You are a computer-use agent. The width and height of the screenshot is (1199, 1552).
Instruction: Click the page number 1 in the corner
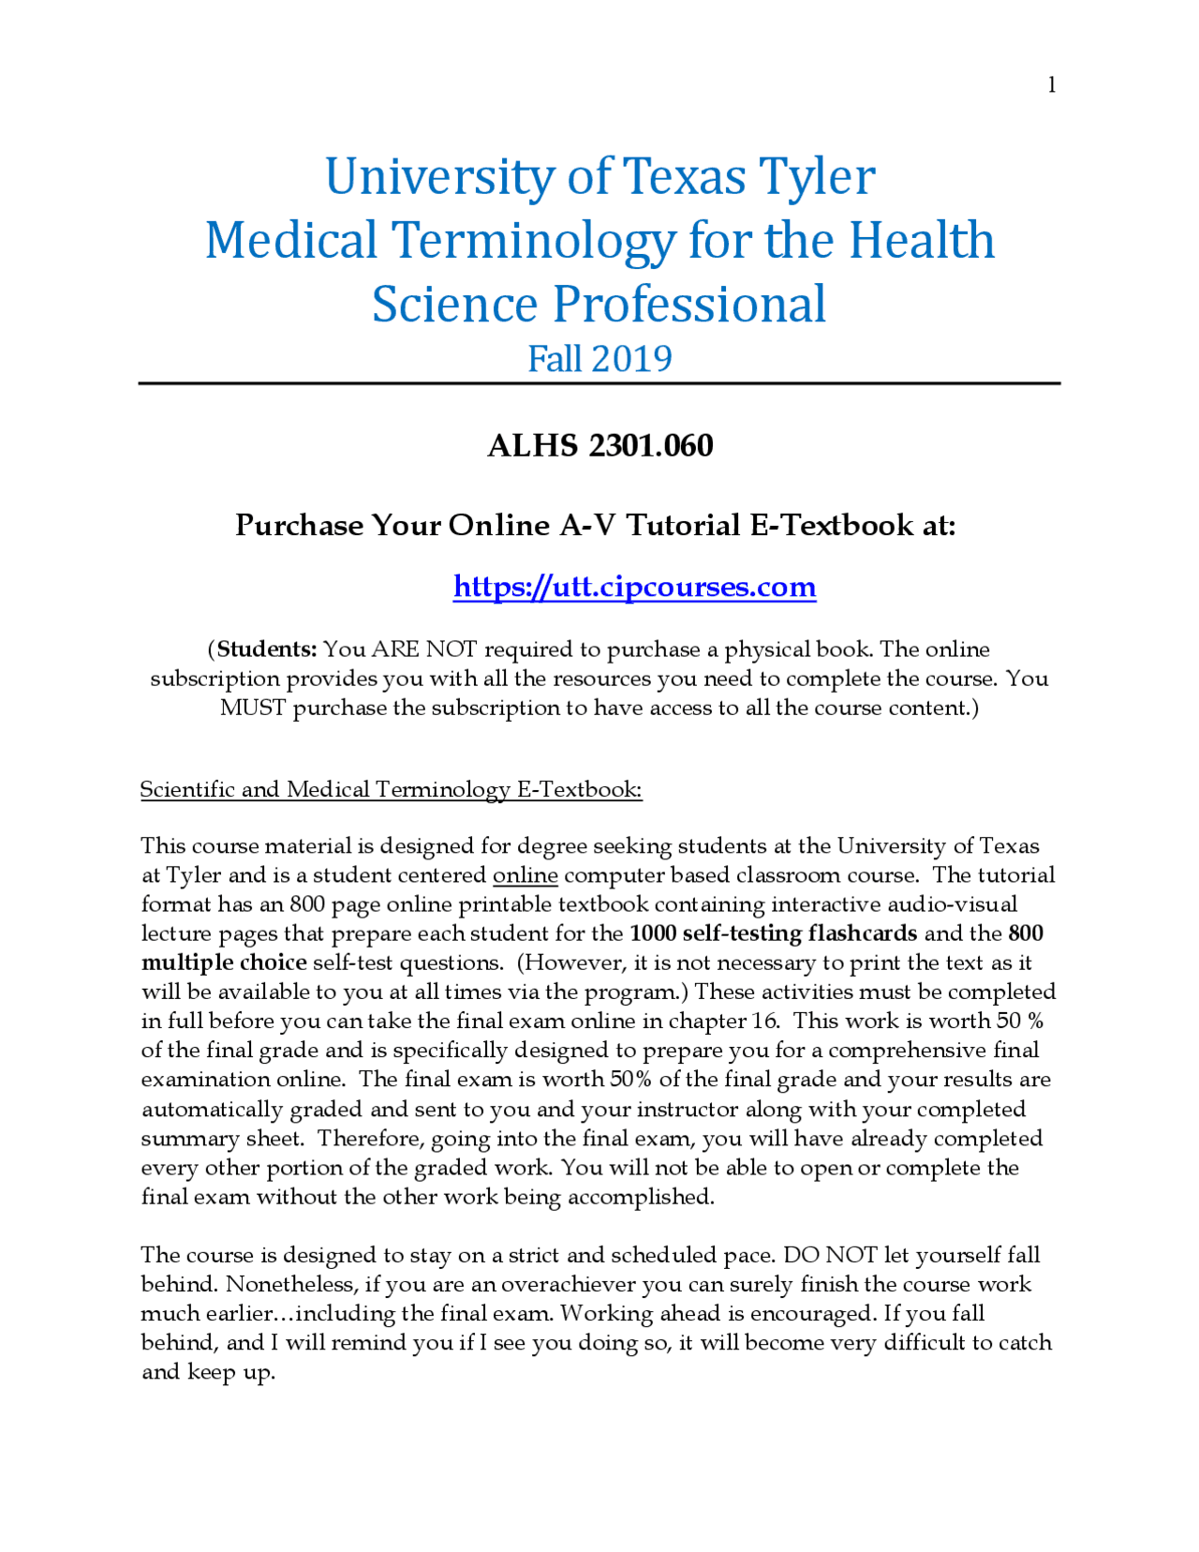click(x=1051, y=85)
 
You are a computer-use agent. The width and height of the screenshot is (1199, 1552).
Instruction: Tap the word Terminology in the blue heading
click(x=533, y=240)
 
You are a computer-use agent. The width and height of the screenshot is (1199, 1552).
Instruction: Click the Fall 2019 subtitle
click(x=599, y=359)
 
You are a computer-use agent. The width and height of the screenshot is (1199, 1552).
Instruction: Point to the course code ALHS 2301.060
click(x=599, y=445)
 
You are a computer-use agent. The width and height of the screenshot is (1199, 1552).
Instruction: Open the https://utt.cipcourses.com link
click(x=634, y=587)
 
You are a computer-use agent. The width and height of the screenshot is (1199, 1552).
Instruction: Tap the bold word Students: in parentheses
click(x=267, y=649)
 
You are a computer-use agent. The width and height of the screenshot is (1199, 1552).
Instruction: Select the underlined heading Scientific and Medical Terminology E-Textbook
click(x=391, y=789)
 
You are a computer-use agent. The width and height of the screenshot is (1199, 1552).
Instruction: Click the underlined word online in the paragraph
click(x=525, y=875)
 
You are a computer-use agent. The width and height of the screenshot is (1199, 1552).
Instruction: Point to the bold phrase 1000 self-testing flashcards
click(x=773, y=933)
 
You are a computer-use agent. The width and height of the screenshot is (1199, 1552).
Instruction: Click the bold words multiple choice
click(x=224, y=963)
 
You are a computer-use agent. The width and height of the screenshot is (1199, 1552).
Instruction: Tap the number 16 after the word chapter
click(x=764, y=1021)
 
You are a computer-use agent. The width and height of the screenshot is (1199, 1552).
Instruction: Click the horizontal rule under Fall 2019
click(x=599, y=383)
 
